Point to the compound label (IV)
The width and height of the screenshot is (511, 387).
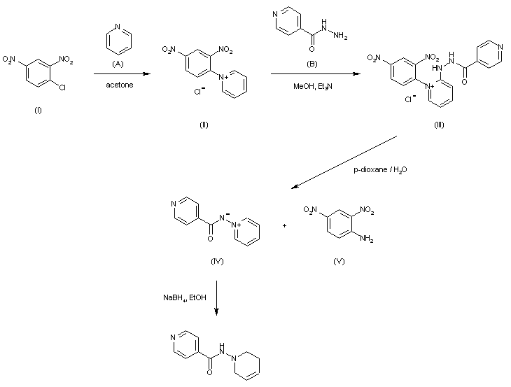click(x=216, y=260)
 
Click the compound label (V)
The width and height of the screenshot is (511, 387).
click(x=340, y=260)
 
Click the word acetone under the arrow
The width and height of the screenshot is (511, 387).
click(x=117, y=86)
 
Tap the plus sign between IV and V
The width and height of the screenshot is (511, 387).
click(x=285, y=226)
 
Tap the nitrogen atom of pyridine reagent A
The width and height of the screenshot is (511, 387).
click(x=117, y=27)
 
